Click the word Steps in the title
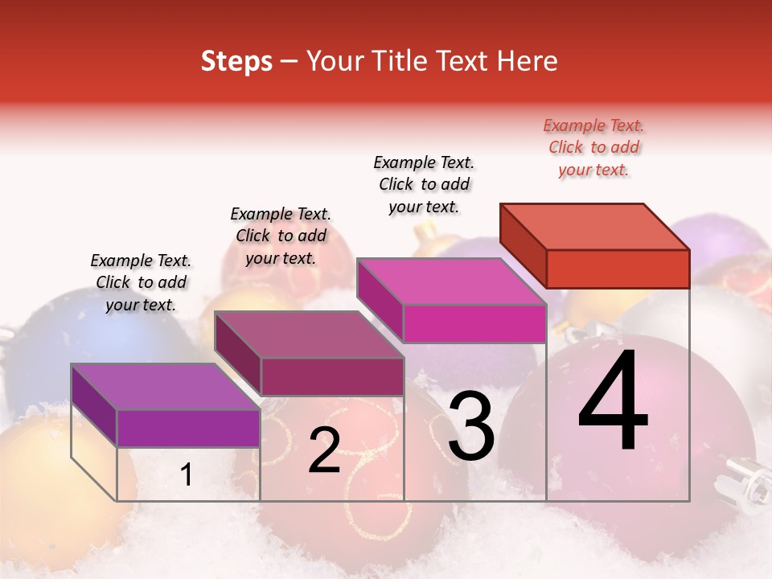click(236, 61)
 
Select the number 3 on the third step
click(471, 427)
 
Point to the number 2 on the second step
click(325, 450)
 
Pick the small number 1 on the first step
click(187, 475)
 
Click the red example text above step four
click(593, 147)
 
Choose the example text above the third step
click(424, 184)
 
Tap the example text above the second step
click(281, 236)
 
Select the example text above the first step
click(141, 282)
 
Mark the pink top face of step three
click(452, 281)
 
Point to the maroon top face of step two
click(309, 335)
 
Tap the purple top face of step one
click(166, 387)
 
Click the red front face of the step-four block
click(618, 269)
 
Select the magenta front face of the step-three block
click(474, 323)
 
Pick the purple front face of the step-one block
click(188, 428)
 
